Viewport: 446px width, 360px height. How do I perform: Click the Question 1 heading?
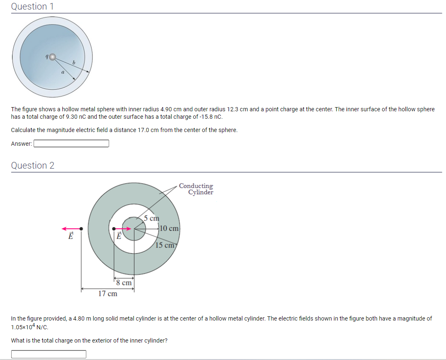point(29,7)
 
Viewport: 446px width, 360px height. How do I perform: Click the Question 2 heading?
point(32,166)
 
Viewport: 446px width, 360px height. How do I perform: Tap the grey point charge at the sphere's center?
point(52,57)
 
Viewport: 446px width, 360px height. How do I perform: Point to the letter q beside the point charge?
point(47,56)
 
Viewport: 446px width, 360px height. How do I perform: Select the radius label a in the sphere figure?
point(62,72)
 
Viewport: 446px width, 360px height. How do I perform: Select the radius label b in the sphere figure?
point(74,63)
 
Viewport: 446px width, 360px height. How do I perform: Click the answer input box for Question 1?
point(71,144)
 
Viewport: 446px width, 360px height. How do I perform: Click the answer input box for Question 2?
point(49,354)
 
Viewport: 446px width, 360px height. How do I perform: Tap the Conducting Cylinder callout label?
point(196,189)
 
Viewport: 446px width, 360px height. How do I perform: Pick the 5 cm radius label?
point(151,218)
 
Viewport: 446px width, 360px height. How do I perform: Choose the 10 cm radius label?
point(169,228)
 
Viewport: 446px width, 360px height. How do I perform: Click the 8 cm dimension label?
point(124,283)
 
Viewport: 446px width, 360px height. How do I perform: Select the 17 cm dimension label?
point(107,294)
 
